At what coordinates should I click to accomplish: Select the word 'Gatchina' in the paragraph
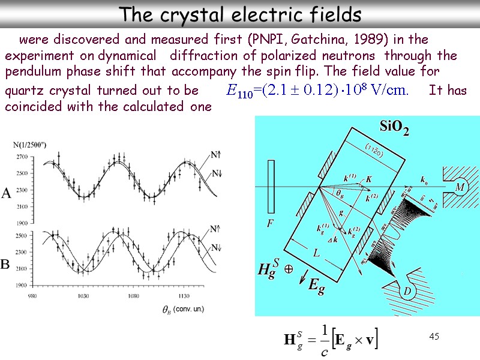pos(313,40)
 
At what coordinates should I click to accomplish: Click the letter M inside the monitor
pos(461,188)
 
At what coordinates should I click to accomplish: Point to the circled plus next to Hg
pos(289,270)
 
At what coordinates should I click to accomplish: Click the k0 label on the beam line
pos(424,179)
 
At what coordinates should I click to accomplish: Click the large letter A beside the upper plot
pos(6,194)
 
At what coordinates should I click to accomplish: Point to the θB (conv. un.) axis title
pos(182,309)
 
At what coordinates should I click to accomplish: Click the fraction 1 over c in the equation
pos(325,340)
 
